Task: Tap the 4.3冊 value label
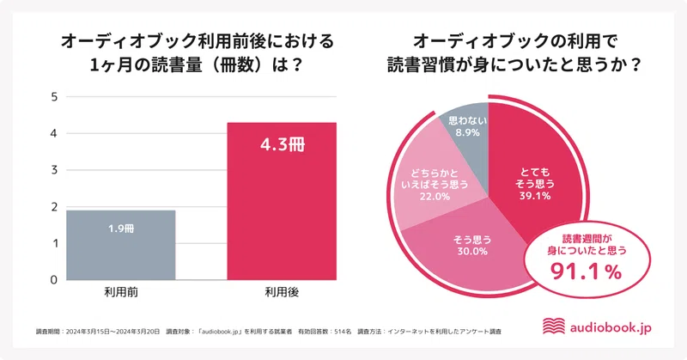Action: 282,143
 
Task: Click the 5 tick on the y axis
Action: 53,97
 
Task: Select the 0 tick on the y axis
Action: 53,280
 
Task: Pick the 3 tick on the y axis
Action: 53,170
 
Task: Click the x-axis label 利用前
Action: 121,295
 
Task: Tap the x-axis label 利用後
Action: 282,295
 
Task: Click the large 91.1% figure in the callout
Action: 585,272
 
